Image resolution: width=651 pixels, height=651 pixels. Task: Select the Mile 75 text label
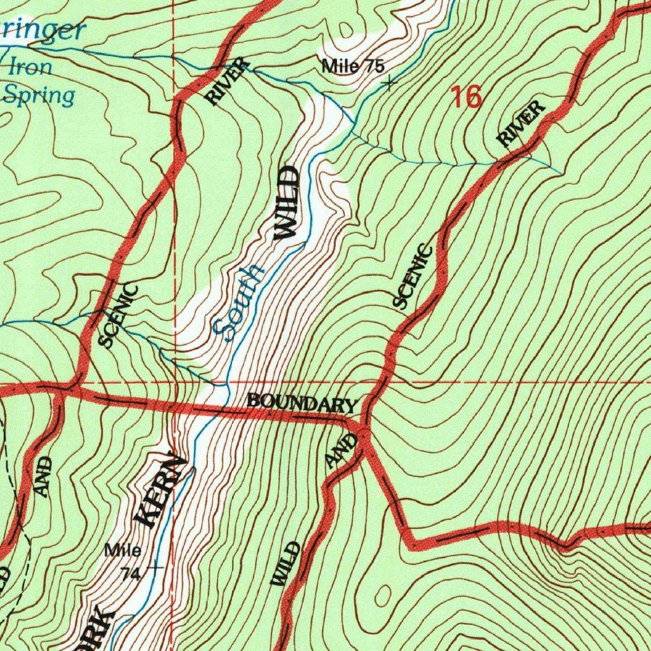[x=353, y=65]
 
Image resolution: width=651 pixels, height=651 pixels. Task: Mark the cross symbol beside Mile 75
[x=389, y=83]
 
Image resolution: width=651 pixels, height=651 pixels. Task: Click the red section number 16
[x=467, y=97]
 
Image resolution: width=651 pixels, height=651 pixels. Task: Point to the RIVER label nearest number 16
[x=521, y=125]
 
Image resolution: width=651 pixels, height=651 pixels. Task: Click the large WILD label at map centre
[x=285, y=202]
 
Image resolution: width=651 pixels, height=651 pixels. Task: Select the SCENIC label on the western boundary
[x=119, y=316]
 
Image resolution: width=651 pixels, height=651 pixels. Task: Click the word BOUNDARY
[x=302, y=402]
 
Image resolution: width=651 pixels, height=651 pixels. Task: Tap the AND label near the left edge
[x=42, y=477]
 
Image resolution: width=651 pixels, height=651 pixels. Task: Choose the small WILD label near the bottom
[x=285, y=564]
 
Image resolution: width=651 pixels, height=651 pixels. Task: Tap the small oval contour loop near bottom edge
[x=383, y=595]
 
